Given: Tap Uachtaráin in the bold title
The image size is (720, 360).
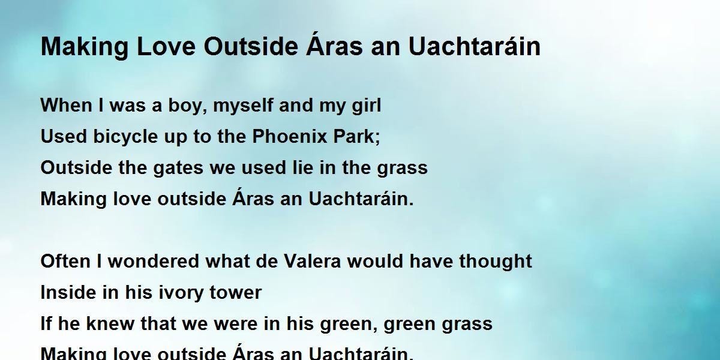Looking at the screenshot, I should click(475, 47).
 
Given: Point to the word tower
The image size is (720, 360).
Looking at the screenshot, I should click(237, 293).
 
